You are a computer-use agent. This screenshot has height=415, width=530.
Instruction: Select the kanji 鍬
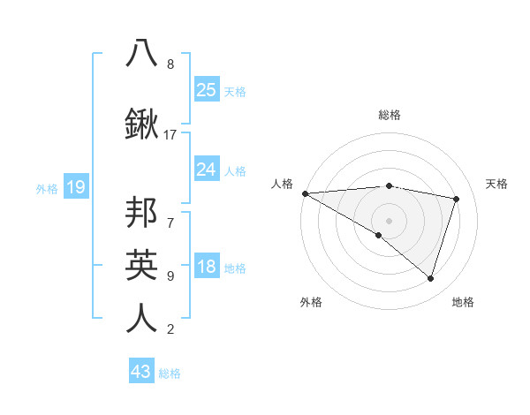141,124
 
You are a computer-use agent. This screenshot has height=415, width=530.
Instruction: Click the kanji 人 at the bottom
141,317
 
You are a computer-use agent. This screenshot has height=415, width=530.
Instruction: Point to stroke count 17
170,135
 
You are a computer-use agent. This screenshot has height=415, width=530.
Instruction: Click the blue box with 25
207,90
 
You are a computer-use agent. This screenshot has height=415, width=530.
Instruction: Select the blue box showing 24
207,170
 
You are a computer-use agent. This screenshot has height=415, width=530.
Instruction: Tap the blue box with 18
207,268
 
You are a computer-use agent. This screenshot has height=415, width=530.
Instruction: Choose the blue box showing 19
75,187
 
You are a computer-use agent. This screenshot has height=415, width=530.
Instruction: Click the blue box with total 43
141,372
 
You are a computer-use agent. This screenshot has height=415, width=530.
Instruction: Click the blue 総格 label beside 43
170,373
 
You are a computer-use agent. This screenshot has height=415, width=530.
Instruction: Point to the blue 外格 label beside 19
47,188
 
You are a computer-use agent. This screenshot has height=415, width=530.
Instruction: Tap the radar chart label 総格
389,115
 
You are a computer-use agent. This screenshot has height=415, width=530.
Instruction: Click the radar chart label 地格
463,302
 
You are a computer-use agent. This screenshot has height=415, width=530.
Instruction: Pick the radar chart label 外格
311,302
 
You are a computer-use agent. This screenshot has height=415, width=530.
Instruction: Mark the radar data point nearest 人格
305,193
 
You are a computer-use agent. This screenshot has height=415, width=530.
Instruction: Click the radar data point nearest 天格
457,199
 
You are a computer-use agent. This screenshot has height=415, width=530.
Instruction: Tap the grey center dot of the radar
389,220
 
